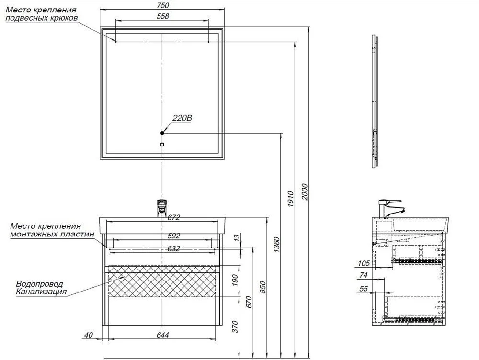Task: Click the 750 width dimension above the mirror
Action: pos(163,5)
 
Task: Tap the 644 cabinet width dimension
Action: pos(163,335)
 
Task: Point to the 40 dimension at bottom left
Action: pos(88,335)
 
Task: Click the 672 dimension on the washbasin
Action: pos(173,218)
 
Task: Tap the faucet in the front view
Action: pos(162,208)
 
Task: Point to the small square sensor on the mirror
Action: pos(162,144)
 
